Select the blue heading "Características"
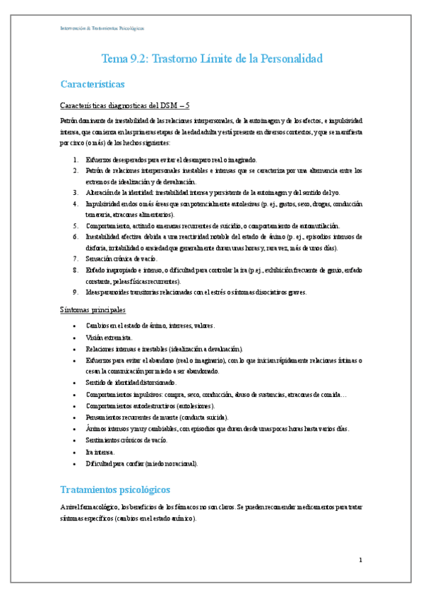93,85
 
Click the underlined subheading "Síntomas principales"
93,309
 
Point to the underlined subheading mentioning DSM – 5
125,105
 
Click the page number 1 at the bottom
360,560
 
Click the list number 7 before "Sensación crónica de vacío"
76,259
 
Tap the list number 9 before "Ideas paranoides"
76,292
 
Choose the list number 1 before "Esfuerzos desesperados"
76,160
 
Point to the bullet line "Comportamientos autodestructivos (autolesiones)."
150,407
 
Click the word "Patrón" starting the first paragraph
70,121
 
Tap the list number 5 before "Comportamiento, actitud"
76,225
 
